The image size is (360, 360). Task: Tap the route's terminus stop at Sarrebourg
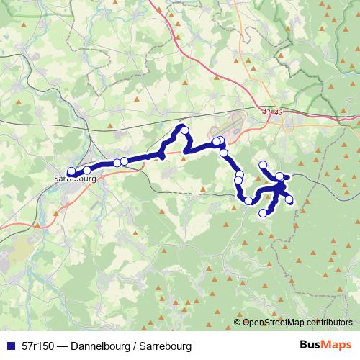[71, 171]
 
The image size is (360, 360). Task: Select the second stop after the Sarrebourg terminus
[116, 163]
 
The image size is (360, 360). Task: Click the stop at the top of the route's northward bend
[185, 130]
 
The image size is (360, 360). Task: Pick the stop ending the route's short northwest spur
[263, 165]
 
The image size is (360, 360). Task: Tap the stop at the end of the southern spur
[263, 212]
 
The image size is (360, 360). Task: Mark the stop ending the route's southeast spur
[290, 200]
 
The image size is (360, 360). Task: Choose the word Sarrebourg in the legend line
[166, 346]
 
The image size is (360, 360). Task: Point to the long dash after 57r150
[63, 346]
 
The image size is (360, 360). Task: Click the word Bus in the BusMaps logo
[310, 346]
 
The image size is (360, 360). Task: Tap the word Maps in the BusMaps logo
[337, 346]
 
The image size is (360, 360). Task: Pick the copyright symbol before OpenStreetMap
[238, 323]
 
